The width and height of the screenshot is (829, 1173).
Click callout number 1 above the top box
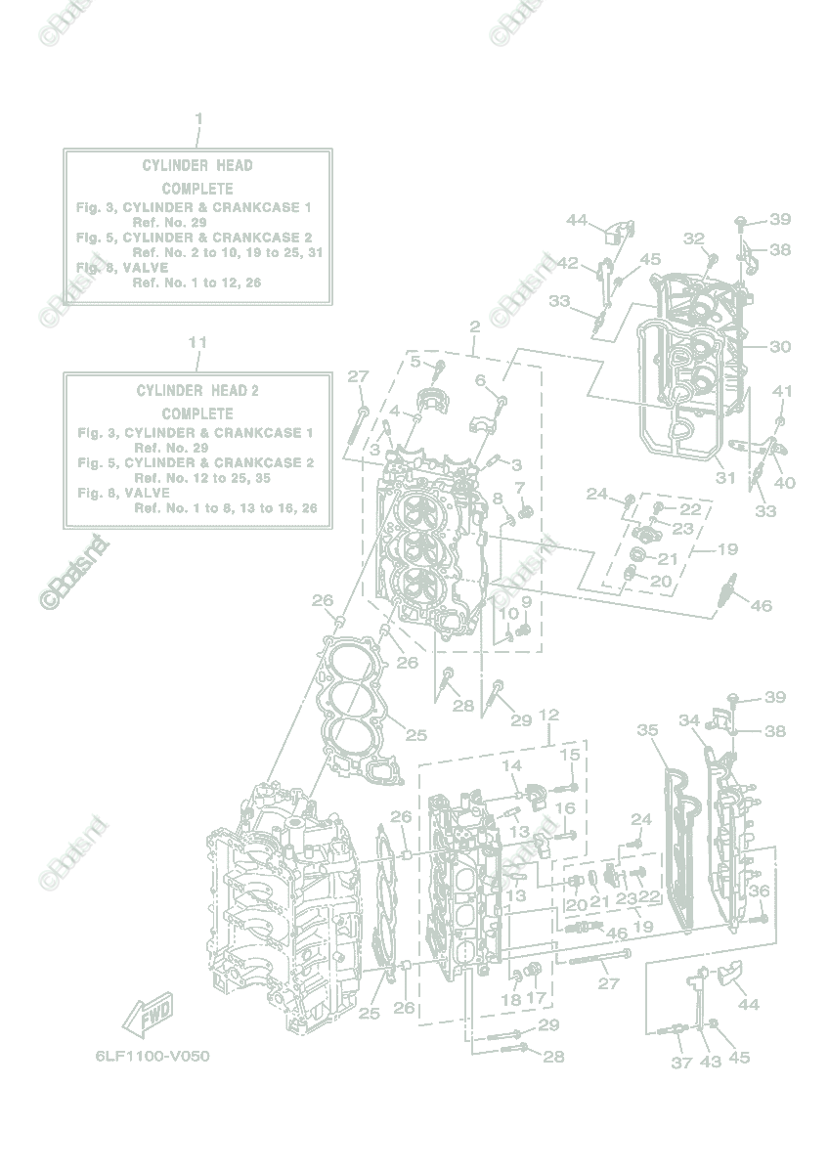click(198, 119)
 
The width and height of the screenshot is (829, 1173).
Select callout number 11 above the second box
click(197, 343)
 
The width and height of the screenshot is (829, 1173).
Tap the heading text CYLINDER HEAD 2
click(197, 390)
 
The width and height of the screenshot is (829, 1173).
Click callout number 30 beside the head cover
click(779, 346)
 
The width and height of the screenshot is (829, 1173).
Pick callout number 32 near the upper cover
click(693, 239)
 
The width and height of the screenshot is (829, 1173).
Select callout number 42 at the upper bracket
click(568, 262)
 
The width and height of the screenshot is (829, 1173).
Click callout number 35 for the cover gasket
click(647, 730)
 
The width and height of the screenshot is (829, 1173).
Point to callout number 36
click(759, 891)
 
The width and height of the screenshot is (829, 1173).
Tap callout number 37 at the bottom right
click(681, 1063)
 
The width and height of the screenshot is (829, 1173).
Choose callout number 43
click(711, 1063)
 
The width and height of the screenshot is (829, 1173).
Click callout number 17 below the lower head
click(536, 999)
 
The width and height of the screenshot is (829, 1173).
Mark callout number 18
click(510, 999)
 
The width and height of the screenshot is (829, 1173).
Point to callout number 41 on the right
click(781, 391)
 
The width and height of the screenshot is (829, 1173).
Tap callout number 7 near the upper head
click(519, 487)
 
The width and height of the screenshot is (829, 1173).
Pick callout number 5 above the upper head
click(414, 362)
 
